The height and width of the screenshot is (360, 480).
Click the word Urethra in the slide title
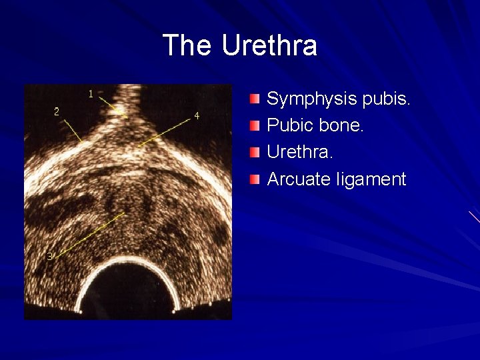point(269,45)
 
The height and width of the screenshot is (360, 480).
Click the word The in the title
point(188,45)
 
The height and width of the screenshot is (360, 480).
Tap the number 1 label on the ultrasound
point(91,93)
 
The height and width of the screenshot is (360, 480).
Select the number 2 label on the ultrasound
point(57,111)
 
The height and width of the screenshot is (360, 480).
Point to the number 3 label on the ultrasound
point(49,256)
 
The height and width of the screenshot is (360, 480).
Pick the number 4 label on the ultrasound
point(197,116)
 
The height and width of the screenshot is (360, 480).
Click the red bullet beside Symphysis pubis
point(255,99)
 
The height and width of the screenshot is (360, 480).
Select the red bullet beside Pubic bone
point(255,125)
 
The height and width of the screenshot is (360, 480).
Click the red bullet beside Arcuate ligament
point(255,179)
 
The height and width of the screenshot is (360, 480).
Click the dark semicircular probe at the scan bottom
point(127,293)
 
